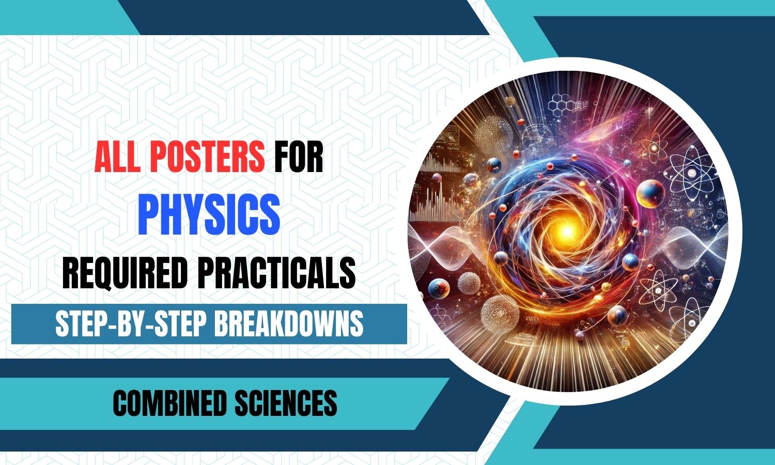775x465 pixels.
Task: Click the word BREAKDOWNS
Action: coord(288,324)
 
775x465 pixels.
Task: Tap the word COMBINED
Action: coord(169,403)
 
